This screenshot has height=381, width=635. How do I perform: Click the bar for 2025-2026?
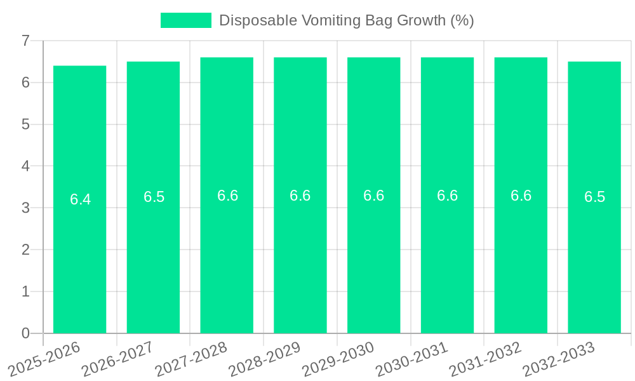tap(79, 254)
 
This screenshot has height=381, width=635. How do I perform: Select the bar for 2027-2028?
tap(227, 254)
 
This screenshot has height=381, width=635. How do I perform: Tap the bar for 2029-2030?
tap(373, 254)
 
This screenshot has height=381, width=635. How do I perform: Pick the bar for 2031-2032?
tap(521, 254)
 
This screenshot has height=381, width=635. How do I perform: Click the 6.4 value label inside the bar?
tap(80, 199)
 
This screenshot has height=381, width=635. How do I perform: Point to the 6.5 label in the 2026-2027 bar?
tap(154, 197)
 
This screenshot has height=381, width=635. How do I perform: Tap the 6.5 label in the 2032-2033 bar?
tap(594, 197)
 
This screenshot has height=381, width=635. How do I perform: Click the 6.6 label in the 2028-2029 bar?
tap(300, 196)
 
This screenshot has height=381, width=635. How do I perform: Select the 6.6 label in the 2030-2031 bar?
tap(447, 196)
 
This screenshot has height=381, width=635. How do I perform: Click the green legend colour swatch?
tap(185, 20)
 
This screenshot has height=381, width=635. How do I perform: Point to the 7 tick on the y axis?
tap(25, 41)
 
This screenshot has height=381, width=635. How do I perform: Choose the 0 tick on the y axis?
tap(25, 333)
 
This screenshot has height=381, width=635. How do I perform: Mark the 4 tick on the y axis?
tap(25, 166)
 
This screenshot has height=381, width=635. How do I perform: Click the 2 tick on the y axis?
tap(25, 250)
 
